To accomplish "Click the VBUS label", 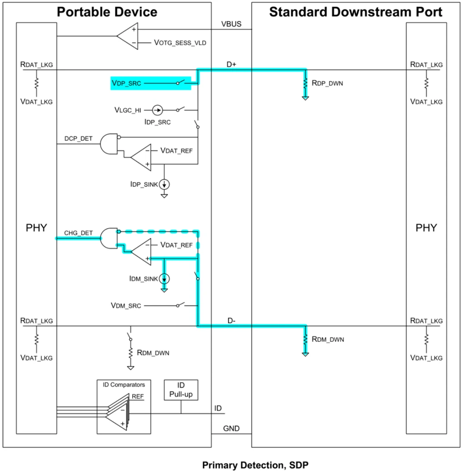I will [232, 24].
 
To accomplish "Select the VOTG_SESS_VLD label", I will [180, 43].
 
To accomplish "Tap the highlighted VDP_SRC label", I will [126, 83].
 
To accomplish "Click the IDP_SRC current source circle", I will [157, 110].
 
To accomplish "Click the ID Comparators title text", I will [124, 385].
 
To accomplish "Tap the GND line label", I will [231, 429].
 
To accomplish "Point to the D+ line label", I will [232, 65].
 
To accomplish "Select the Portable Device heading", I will [107, 12].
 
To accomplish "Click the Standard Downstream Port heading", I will [356, 12].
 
